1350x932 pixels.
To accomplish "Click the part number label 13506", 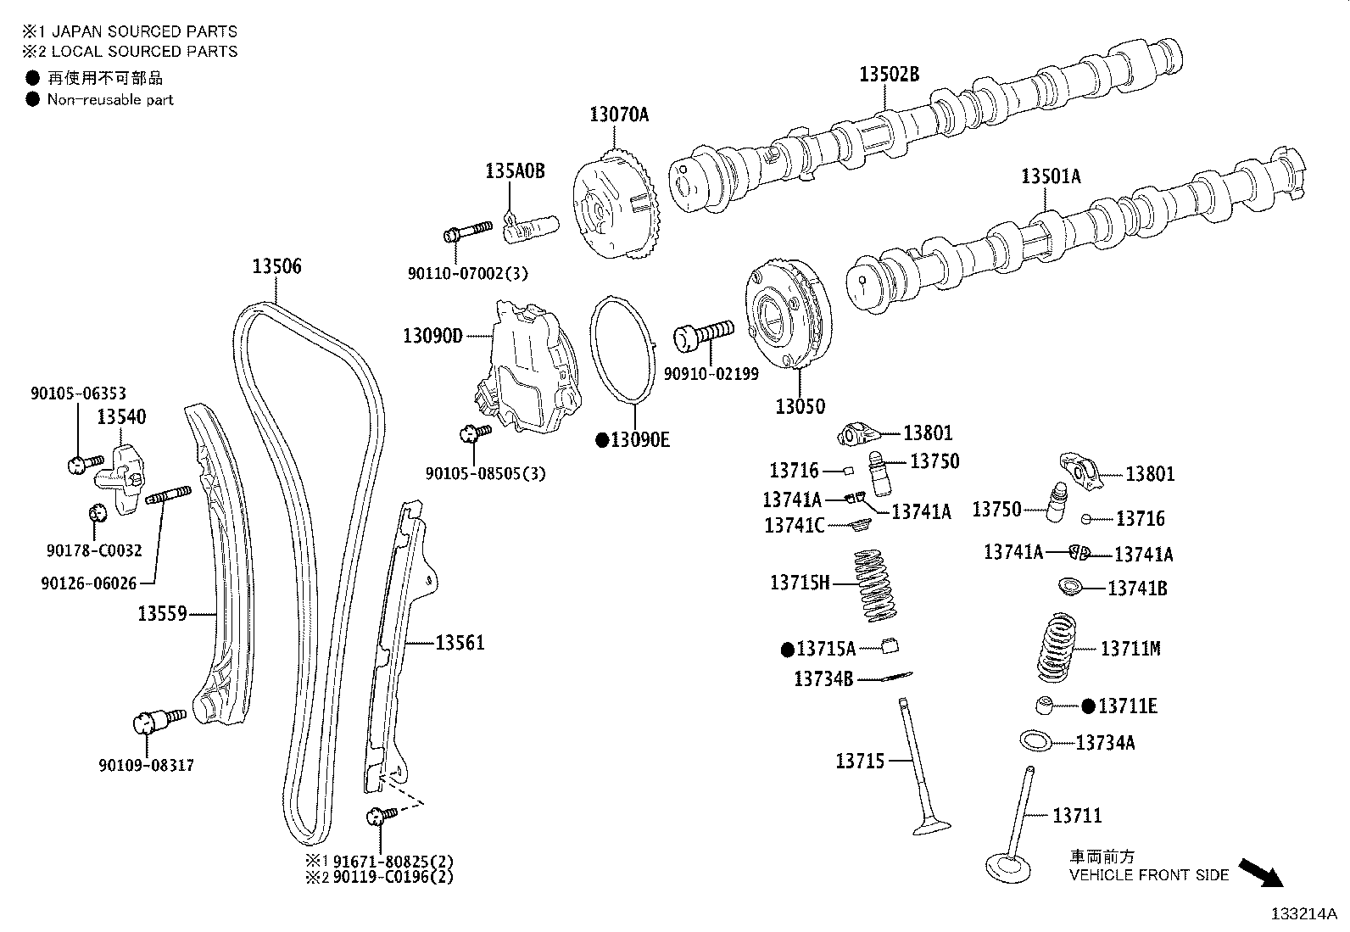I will (x=276, y=266).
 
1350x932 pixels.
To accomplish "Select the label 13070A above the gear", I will (x=619, y=114).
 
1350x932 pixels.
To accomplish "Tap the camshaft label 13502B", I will (x=889, y=74).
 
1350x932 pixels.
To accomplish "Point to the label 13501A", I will (x=1051, y=176).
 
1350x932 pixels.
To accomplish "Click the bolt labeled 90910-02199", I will (x=703, y=333).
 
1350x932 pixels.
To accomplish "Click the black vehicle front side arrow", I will (x=1262, y=871).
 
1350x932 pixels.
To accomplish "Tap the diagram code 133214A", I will (x=1303, y=913).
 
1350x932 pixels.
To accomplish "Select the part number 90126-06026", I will (x=88, y=583).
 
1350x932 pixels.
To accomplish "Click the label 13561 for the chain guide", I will (x=460, y=643).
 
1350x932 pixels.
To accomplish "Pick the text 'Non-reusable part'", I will (x=110, y=99).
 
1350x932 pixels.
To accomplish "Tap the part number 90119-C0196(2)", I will (x=392, y=877).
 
